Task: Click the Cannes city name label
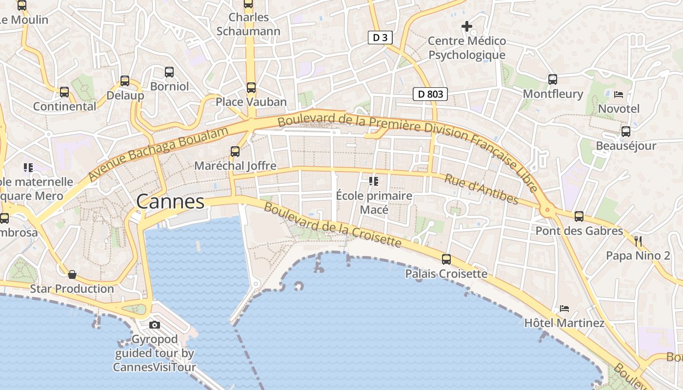coord(170,202)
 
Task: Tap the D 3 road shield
coord(380,38)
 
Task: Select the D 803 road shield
coord(430,94)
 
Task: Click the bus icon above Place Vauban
coord(251,88)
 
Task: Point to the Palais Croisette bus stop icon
coord(446,259)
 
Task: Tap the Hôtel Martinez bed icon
coord(564,309)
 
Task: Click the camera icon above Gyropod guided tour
coord(155,325)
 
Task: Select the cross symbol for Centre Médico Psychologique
coord(467,26)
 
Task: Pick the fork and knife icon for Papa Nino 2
coord(638,241)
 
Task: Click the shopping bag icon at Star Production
coord(72,274)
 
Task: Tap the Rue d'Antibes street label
coord(481,189)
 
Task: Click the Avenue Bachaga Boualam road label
coord(159,154)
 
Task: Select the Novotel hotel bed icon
coord(619,94)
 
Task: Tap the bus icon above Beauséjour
coord(625,131)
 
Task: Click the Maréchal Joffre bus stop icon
coord(235,152)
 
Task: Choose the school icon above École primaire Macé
coord(374,181)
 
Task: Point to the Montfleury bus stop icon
coord(553,79)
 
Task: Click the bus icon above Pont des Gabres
coord(579,216)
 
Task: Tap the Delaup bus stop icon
coord(125,81)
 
